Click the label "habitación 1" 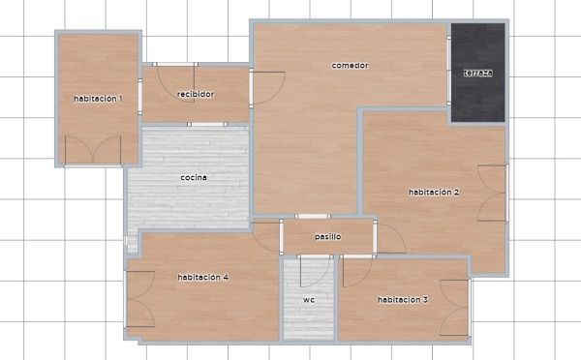tap(98, 99)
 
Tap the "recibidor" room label tap(196, 94)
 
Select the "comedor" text tap(350, 66)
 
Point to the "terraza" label tap(478, 73)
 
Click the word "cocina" tap(194, 178)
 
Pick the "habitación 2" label tap(434, 193)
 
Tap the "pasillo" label tap(328, 237)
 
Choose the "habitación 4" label tap(202, 277)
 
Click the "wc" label tap(309, 300)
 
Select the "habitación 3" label tap(403, 300)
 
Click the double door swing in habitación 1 tap(93, 150)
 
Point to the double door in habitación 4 tap(139, 299)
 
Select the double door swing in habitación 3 tap(455, 308)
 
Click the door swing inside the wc tap(314, 271)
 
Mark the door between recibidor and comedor tap(268, 88)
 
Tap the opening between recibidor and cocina tap(207, 125)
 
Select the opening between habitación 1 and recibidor tap(140, 97)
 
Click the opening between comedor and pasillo tap(312, 217)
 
